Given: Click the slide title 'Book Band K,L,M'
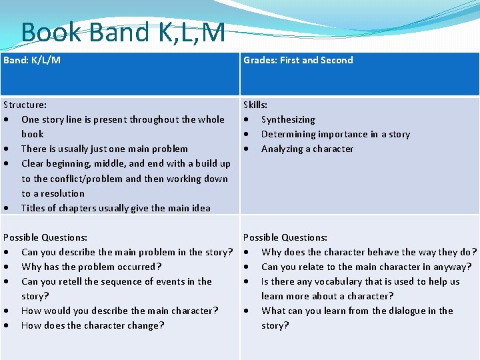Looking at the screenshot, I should (123, 32).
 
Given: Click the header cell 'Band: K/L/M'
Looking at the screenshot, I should (32, 60).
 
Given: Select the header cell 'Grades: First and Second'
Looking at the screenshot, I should (298, 60).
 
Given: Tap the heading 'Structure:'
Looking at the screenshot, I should (25, 105).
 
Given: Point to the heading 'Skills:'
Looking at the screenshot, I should (255, 105).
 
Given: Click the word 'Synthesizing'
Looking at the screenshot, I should (288, 119).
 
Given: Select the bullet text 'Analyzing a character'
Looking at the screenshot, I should (307, 149).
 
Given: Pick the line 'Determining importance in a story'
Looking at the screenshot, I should (335, 134).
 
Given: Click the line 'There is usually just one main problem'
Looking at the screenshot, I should (105, 149).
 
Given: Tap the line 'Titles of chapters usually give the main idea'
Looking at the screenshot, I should (116, 208).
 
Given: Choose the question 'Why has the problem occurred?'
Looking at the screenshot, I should (91, 267).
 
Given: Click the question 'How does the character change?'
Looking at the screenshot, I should (93, 325).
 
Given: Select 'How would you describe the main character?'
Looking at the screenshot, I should (120, 311).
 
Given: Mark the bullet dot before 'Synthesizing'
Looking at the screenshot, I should (247, 120).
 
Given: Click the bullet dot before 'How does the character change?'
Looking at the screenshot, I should (7, 326).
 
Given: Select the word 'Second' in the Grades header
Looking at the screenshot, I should (337, 60).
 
